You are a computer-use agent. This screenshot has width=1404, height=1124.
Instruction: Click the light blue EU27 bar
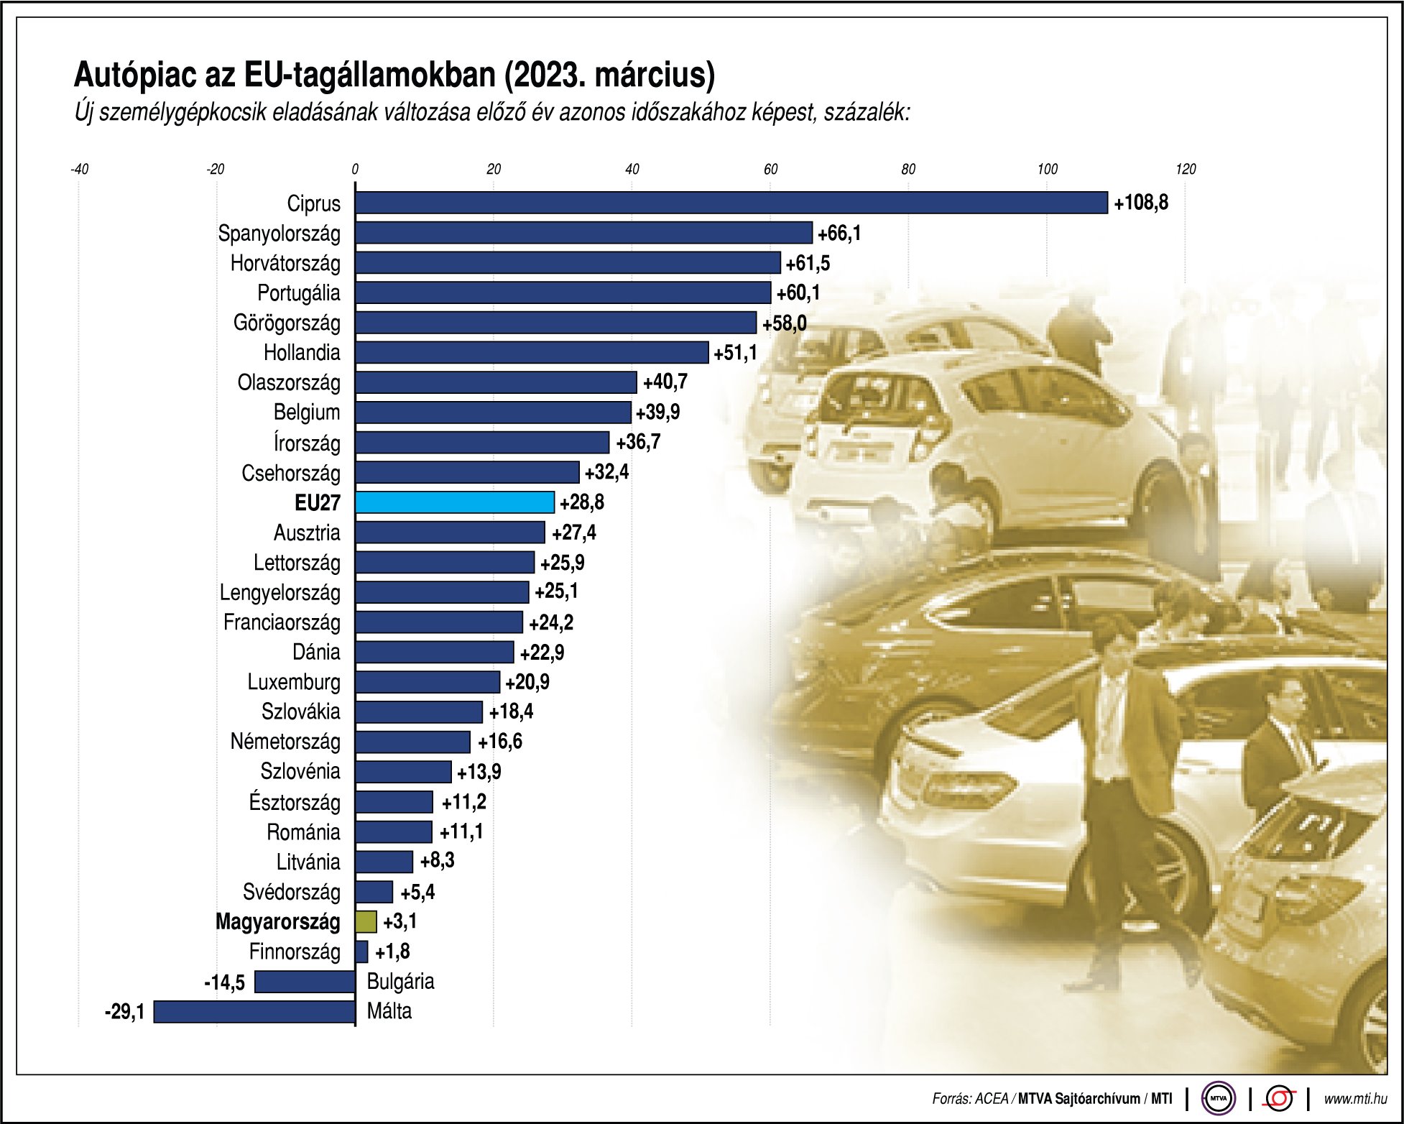point(454,502)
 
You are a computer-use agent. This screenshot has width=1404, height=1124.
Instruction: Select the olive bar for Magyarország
point(366,921)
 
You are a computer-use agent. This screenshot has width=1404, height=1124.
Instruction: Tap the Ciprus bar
point(731,203)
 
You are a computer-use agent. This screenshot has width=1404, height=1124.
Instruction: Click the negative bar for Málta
point(254,1012)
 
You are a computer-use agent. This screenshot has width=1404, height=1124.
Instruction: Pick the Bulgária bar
point(305,982)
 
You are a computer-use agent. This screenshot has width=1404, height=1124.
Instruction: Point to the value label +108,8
point(1141,203)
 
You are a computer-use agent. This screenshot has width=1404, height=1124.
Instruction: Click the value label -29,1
point(125,1012)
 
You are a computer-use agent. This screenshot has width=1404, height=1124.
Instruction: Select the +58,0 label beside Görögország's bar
point(784,323)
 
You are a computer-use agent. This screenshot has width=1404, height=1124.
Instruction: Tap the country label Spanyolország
point(279,234)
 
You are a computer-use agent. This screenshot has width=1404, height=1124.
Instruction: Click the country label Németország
point(285,742)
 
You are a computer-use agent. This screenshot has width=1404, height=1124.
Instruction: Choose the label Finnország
point(295,952)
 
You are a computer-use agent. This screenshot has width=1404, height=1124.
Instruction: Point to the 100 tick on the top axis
point(1047,170)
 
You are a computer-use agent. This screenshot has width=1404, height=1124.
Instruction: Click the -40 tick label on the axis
point(80,170)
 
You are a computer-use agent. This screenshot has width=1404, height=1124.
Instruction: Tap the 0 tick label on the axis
point(355,170)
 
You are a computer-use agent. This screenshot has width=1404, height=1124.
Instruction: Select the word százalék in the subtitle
point(867,113)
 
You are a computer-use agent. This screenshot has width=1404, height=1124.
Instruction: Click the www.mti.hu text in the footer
point(1355,1098)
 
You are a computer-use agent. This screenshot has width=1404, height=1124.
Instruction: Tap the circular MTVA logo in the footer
point(1218,1098)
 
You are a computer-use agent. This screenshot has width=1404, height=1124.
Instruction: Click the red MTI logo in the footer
point(1280,1098)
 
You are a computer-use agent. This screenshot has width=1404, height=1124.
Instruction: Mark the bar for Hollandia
point(532,353)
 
